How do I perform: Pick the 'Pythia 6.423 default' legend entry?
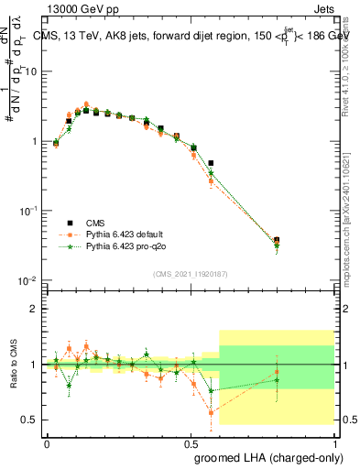130,234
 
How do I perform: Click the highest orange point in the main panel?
86,104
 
